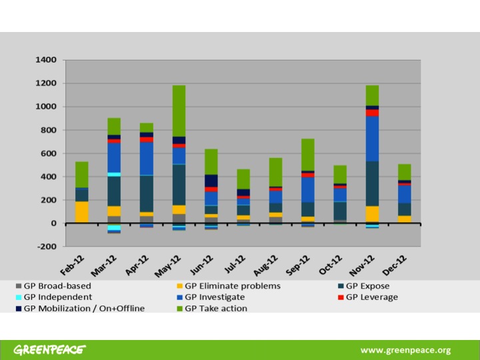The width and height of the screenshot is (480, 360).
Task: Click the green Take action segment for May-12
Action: point(179,111)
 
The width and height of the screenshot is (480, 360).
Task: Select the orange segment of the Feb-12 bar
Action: point(82,211)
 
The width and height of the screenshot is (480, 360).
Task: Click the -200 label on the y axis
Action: point(45,247)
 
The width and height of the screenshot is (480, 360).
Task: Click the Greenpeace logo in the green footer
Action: point(51,350)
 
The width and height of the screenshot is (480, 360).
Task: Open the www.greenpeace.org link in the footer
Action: point(405,350)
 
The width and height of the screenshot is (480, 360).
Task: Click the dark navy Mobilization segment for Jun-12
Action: point(211,181)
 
